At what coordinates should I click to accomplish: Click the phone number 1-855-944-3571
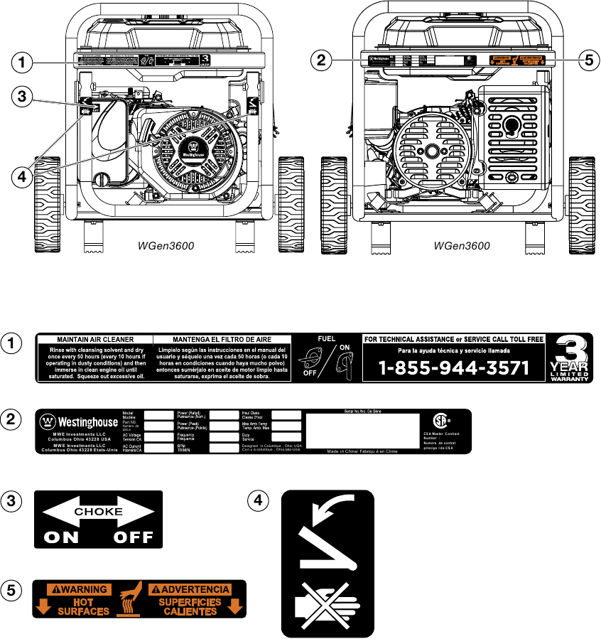pos(453,368)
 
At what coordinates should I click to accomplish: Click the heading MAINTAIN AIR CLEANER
pos(95,340)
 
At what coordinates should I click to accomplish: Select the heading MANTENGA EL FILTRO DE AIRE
pos(223,340)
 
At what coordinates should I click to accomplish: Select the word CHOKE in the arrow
pos(99,512)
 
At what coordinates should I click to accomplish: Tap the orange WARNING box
pos(77,589)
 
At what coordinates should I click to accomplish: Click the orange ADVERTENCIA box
pos(190,589)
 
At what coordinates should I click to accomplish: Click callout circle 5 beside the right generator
pos(585,60)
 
